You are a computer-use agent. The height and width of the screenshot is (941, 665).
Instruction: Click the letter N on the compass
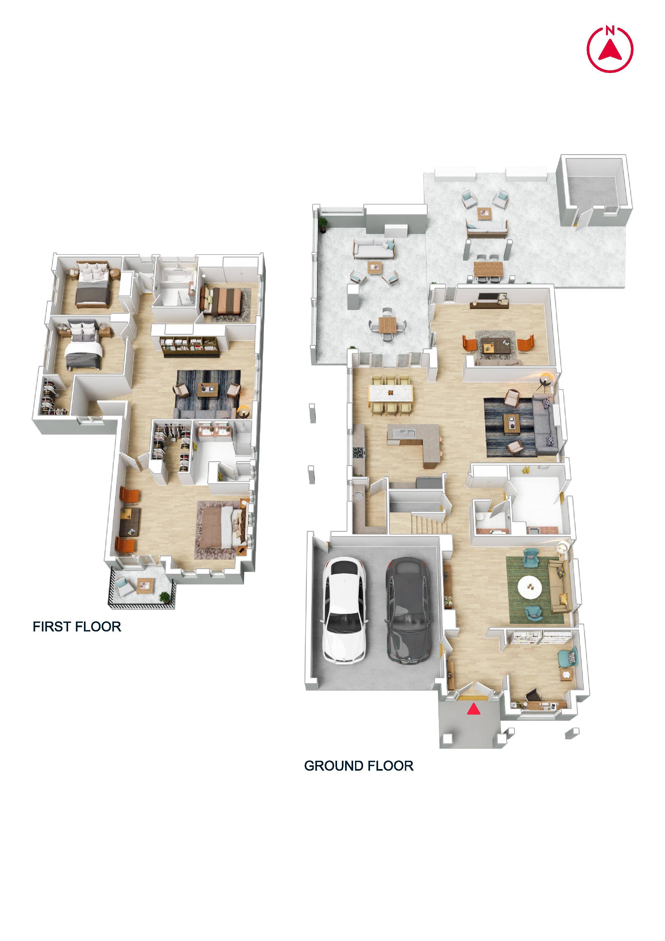[x=610, y=30]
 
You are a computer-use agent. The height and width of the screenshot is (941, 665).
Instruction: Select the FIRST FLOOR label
[x=77, y=627]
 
